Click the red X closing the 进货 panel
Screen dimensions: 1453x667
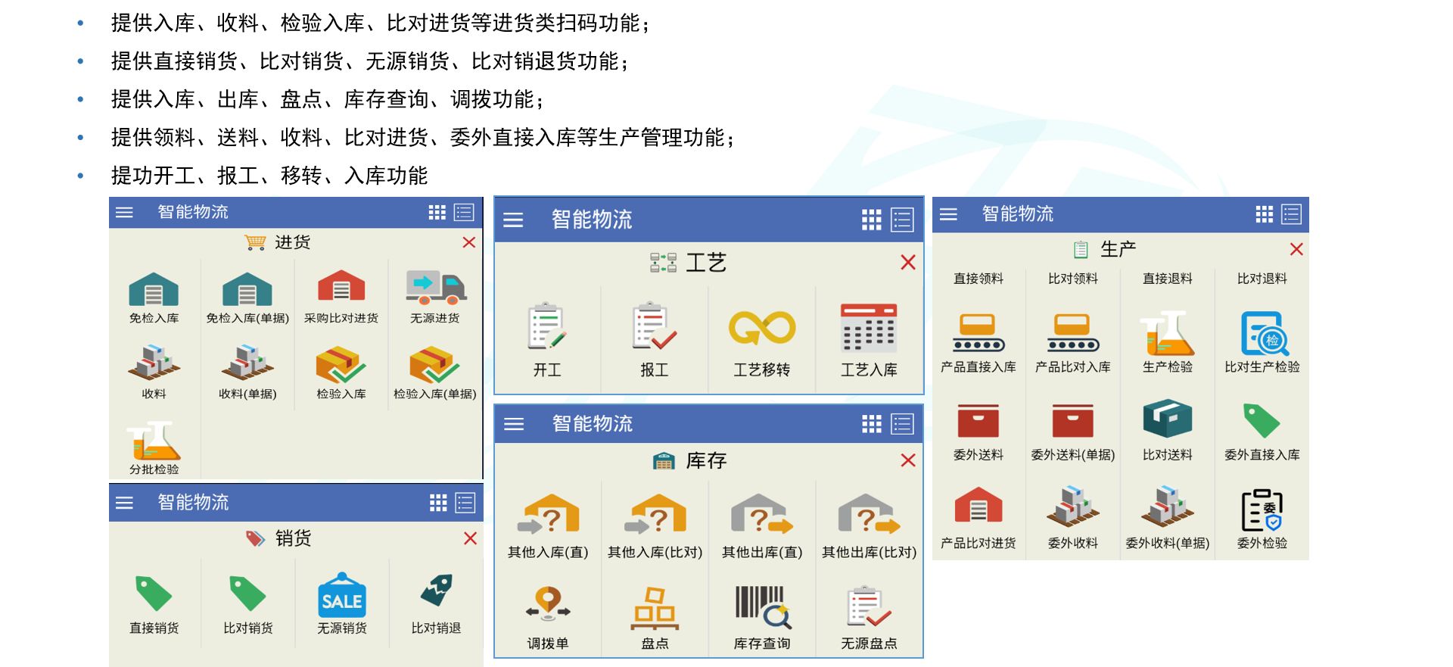coord(469,242)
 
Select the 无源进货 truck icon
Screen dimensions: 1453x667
coord(436,288)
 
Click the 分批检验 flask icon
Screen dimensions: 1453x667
coord(154,441)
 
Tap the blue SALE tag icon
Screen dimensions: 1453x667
coord(342,594)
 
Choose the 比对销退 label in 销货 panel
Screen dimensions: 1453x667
coord(436,628)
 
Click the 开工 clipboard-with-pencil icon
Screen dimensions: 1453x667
coord(547,326)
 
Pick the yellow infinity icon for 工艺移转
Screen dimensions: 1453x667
coord(762,328)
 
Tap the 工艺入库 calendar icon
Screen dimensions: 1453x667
coord(869,328)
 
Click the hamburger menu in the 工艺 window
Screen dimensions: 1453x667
coord(513,220)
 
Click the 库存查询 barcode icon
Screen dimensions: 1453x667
coord(763,607)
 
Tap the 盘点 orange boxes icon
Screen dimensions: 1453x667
coord(655,609)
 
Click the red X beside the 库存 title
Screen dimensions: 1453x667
coord(908,460)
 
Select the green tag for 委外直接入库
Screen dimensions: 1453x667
coord(1262,421)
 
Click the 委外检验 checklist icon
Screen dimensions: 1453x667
coord(1262,510)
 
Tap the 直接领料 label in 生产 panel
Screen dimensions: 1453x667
coord(979,279)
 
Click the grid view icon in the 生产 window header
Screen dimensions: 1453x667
coord(1264,214)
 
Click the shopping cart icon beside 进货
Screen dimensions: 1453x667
coord(255,242)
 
